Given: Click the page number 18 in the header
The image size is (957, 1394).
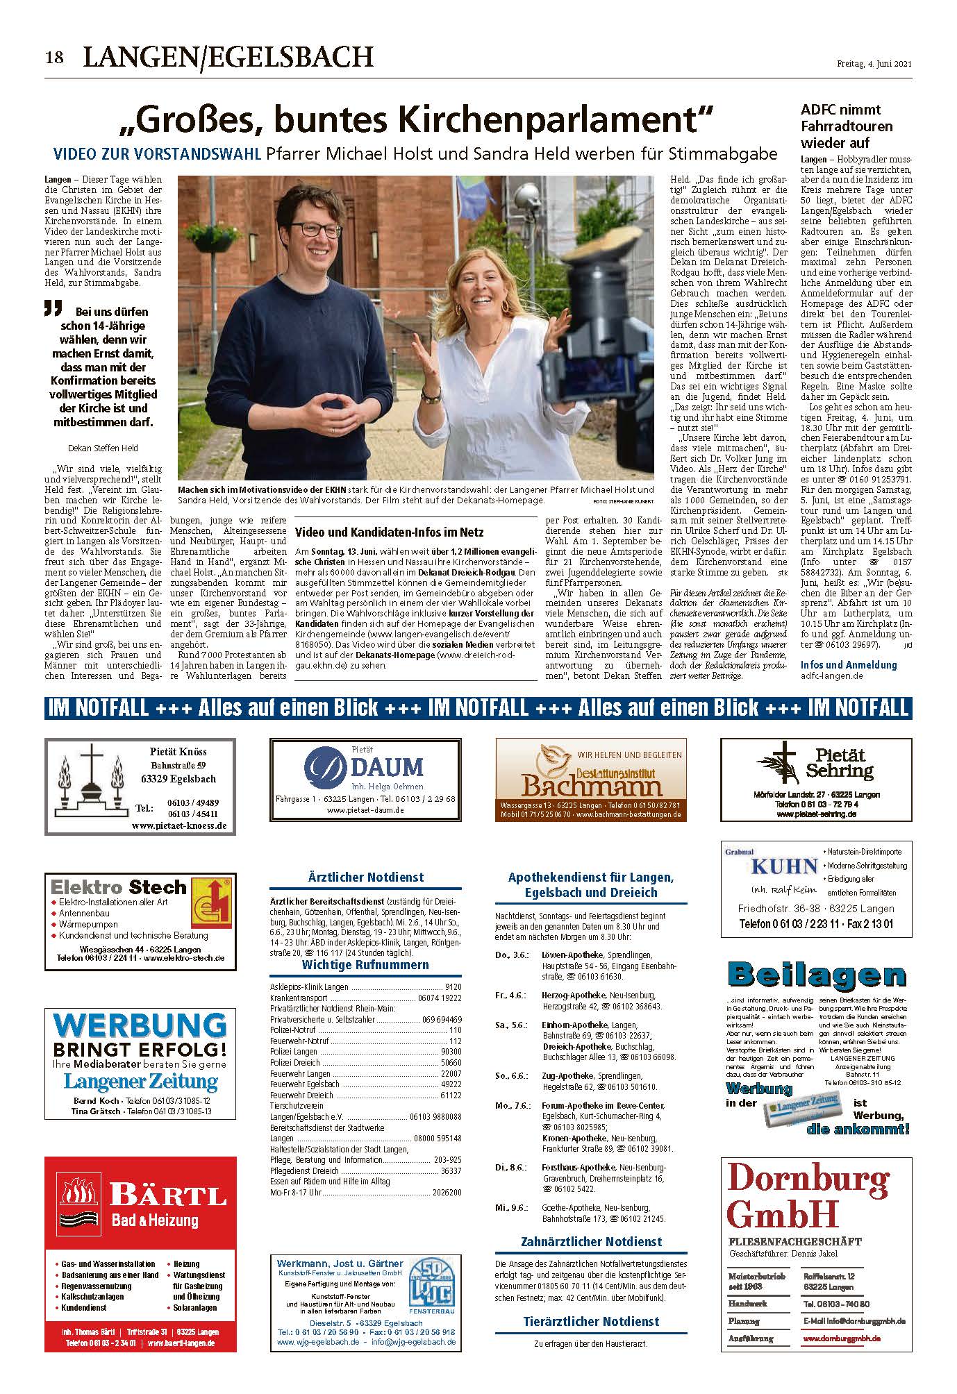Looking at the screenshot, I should click(55, 58).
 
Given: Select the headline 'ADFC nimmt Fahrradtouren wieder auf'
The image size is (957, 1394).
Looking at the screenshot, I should click(846, 126).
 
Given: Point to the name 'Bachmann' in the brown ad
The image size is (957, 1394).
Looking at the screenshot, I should click(592, 787).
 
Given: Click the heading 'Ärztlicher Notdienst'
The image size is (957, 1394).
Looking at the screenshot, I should click(365, 877).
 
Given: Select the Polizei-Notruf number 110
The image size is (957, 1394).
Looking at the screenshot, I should click(455, 1030).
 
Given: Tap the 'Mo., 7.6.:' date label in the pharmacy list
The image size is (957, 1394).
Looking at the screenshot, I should click(513, 1105).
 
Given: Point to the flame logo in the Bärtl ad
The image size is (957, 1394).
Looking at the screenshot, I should click(81, 1194).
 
